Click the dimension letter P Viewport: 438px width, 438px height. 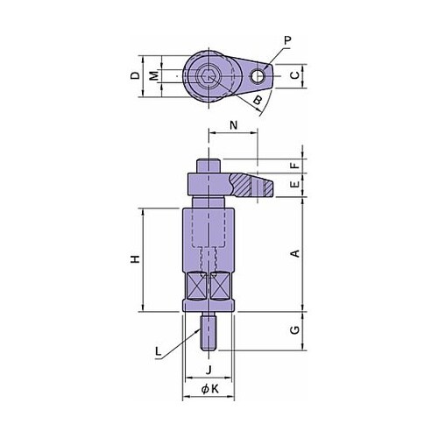pyautogui.click(x=288, y=40)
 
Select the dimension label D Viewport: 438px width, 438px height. pyautogui.click(x=135, y=75)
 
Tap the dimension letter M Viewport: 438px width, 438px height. pyautogui.click(x=154, y=76)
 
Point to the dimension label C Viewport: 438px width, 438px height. pyautogui.click(x=295, y=75)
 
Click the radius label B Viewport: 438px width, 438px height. pyautogui.click(x=258, y=100)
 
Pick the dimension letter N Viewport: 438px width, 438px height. pyautogui.click(x=234, y=125)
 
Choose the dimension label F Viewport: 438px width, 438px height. pyautogui.click(x=296, y=166)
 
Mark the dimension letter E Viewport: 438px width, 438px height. pyautogui.click(x=296, y=184)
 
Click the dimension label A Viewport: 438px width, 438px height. pyautogui.click(x=296, y=253)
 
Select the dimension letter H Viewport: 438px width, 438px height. pyautogui.click(x=135, y=258)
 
